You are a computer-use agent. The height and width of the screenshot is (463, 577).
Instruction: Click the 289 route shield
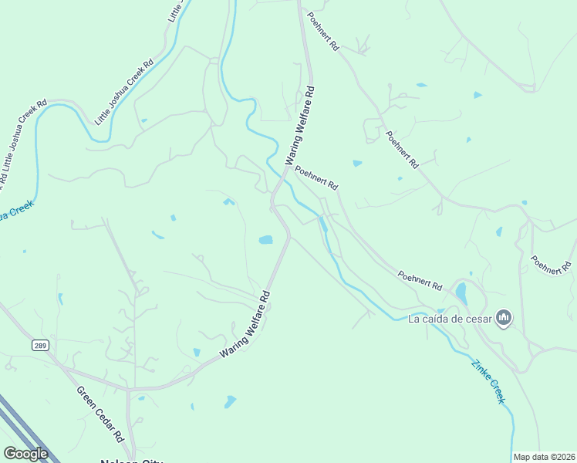40,346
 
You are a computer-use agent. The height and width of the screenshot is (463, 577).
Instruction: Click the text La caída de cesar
450,318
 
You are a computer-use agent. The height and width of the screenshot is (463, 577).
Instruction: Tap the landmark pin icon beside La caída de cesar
504,317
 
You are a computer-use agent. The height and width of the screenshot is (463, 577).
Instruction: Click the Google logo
25,454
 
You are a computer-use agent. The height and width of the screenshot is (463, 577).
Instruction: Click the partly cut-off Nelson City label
131,461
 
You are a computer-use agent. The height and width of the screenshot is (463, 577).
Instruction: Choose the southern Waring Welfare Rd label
245,323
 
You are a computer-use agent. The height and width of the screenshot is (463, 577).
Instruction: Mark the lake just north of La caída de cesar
461,292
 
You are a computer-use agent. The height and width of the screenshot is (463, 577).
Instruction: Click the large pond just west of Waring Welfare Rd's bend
265,239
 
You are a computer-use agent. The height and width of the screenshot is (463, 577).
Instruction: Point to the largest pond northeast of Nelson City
230,401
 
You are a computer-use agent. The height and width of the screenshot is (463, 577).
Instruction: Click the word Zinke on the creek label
480,369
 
